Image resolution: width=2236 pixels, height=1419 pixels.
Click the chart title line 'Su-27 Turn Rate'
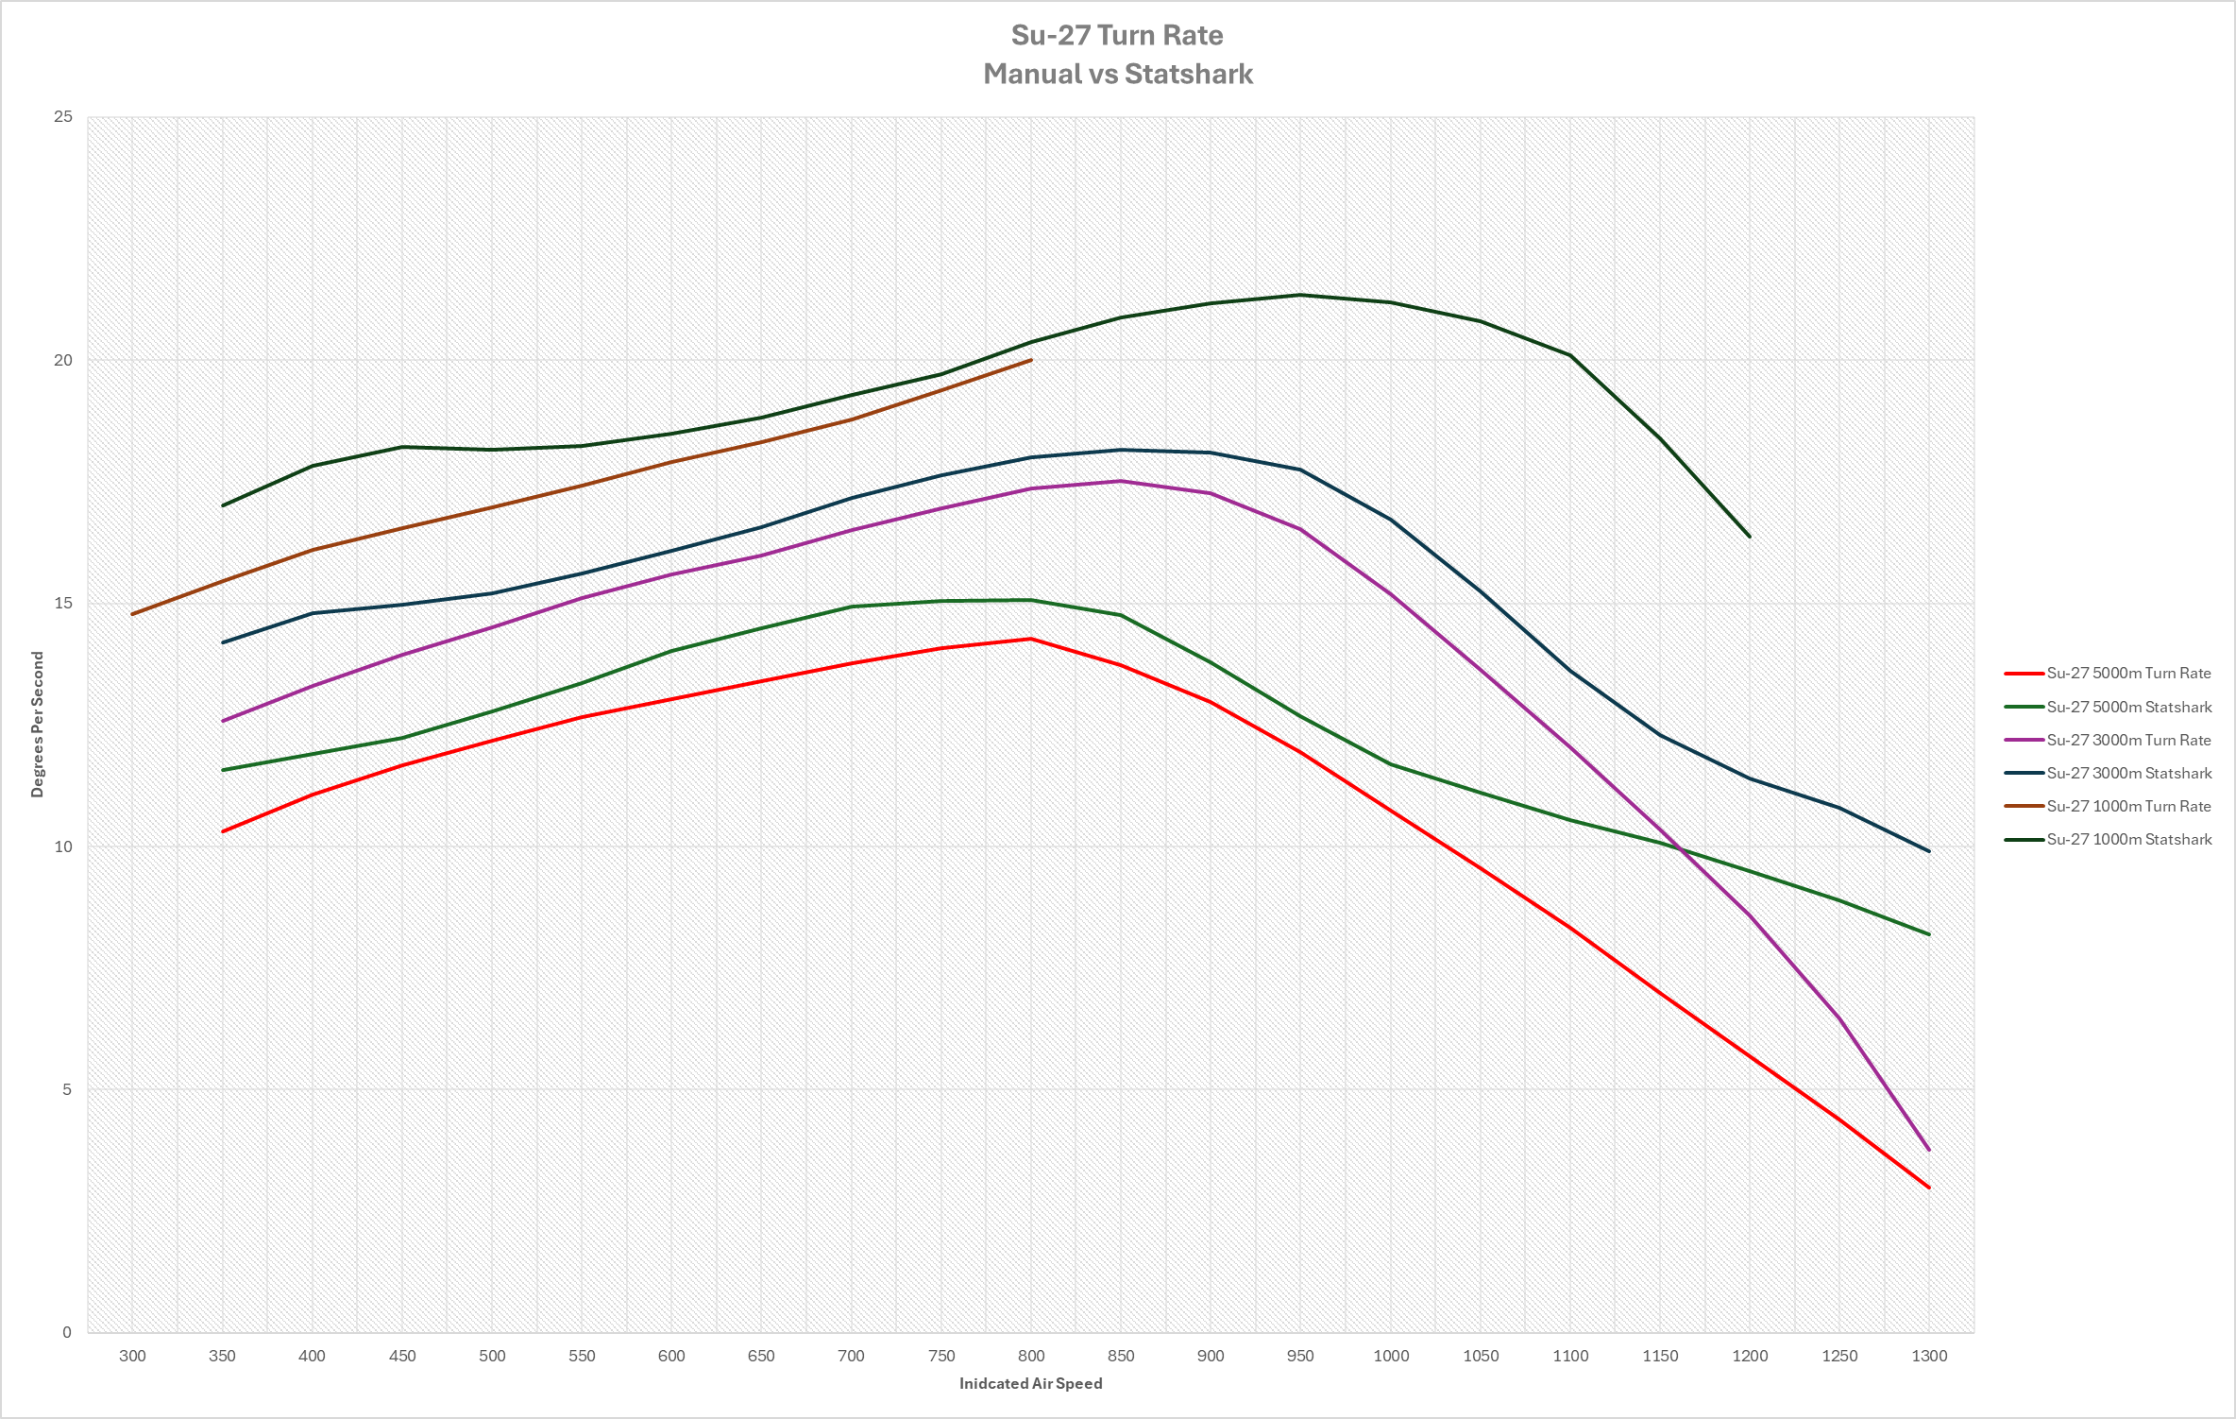tap(1117, 35)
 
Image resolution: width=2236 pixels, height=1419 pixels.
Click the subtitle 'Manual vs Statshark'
tap(1117, 74)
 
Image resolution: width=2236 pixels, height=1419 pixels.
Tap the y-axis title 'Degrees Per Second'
tap(38, 725)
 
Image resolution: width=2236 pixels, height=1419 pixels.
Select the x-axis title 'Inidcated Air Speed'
tap(1030, 1383)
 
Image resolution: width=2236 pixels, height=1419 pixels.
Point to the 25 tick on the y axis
tap(63, 117)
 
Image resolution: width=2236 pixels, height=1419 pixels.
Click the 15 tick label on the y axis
tap(63, 604)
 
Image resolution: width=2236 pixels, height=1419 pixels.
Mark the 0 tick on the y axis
tap(66, 1332)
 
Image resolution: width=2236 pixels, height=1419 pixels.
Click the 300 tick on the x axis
tap(132, 1356)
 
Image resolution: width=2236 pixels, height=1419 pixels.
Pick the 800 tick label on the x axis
tap(1031, 1356)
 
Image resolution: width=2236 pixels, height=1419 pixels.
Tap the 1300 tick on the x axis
tap(1929, 1356)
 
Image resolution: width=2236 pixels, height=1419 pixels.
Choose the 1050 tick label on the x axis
tap(1481, 1356)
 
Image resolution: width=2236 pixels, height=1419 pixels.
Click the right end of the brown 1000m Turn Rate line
tap(1031, 360)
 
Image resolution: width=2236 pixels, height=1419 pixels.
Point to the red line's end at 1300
tap(1929, 1188)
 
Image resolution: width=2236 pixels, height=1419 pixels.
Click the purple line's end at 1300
tap(1929, 1151)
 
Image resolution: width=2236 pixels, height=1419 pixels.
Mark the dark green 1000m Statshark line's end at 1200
tap(1750, 537)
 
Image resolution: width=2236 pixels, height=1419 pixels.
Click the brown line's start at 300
tap(132, 614)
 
